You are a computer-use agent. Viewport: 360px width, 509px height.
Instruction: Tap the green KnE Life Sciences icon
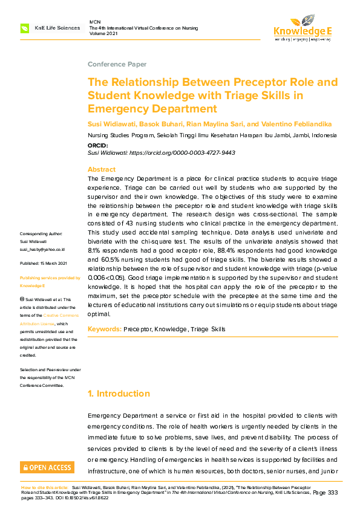25,28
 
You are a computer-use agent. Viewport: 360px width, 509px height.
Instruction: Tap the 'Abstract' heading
101,170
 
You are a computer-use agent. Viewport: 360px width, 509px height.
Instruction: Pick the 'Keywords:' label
104,329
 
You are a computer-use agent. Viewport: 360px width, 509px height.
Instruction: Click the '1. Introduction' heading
119,394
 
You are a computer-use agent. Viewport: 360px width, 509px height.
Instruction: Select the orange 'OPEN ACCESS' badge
47,467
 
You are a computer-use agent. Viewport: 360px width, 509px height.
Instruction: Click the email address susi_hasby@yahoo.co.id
42,249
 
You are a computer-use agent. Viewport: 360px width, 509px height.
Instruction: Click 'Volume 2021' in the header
104,34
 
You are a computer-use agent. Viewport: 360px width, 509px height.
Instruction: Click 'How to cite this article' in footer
45,487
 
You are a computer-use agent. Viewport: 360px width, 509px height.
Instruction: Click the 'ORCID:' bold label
98,146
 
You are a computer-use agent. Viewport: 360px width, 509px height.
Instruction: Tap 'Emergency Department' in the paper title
152,109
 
